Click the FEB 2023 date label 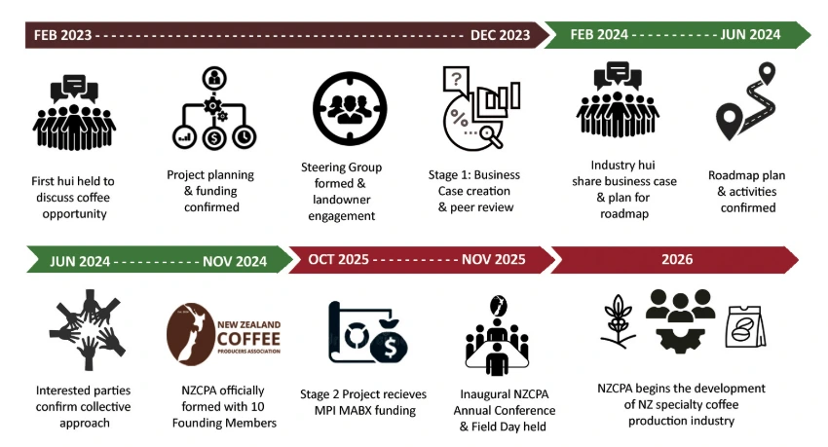63,35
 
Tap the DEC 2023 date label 500,35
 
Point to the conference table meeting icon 502,338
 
